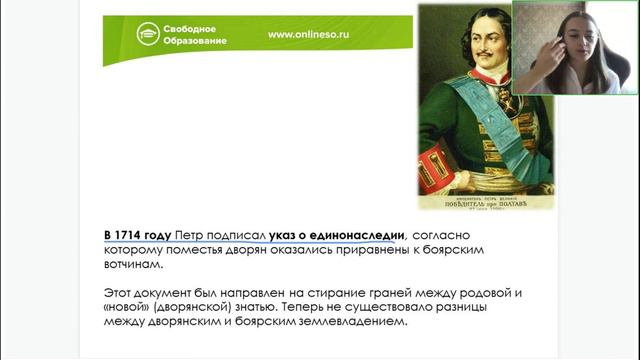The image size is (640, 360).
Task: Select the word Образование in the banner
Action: (202, 41)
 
